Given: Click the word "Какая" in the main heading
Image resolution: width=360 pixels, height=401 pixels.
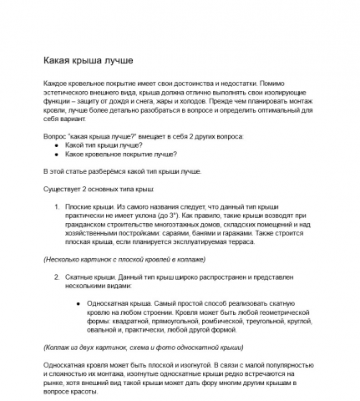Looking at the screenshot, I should [58, 63].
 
